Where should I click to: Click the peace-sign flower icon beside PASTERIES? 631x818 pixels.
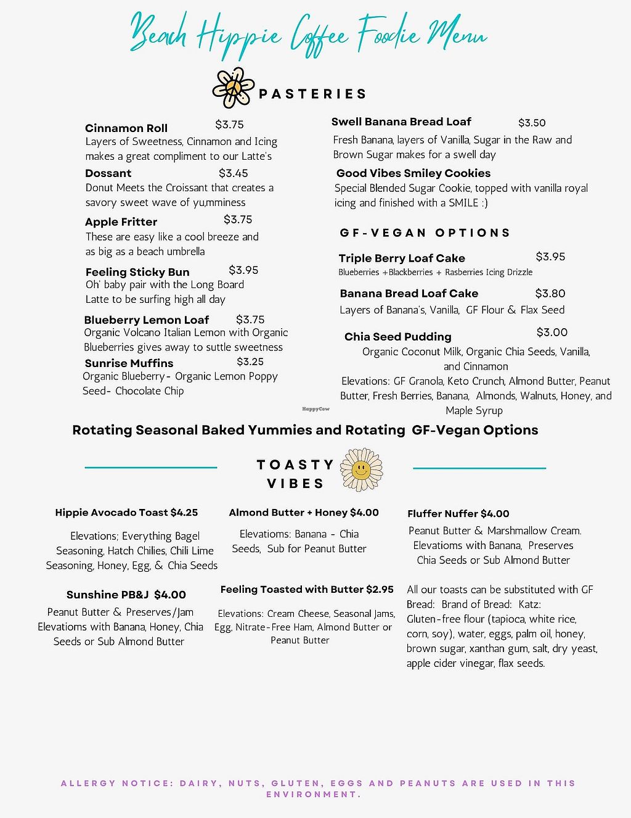(234, 88)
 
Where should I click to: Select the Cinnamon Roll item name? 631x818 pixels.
(126, 128)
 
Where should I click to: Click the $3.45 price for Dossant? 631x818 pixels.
(234, 173)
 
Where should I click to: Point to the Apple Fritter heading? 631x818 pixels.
(121, 222)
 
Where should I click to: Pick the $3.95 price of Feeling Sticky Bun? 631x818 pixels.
(243, 270)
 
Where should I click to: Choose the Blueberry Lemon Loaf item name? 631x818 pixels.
(147, 320)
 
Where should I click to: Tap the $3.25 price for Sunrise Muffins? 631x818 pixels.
(250, 362)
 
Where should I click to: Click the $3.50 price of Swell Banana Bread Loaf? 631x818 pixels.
(532, 123)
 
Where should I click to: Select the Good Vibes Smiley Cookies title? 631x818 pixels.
(413, 173)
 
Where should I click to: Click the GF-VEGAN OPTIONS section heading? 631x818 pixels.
(425, 233)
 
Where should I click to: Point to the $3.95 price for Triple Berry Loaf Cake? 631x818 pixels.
(550, 257)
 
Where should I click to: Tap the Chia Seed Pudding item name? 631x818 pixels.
(398, 337)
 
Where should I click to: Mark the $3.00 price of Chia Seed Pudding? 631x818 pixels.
(552, 333)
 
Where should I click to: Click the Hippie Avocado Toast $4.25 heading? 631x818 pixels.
(126, 513)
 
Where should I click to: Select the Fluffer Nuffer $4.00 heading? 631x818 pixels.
(458, 514)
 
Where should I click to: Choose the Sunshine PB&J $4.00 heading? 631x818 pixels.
(126, 595)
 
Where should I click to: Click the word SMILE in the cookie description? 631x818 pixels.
(463, 203)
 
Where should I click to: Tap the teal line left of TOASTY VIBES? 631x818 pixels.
(151, 468)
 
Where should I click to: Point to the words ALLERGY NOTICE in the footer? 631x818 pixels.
(117, 783)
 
